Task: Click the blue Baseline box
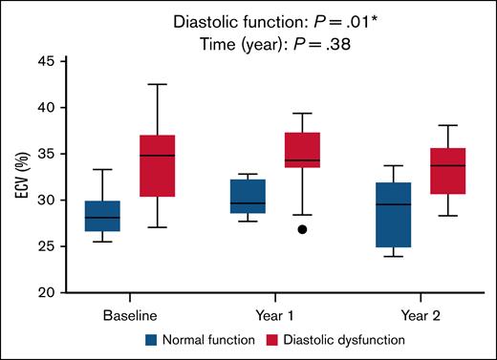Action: [x=103, y=216]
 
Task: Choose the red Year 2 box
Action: [x=446, y=171]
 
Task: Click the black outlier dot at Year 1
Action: [x=302, y=230]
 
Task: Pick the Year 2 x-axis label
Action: [x=420, y=313]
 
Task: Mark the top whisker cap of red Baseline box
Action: [x=158, y=84]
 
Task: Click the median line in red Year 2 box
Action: [x=446, y=166]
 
